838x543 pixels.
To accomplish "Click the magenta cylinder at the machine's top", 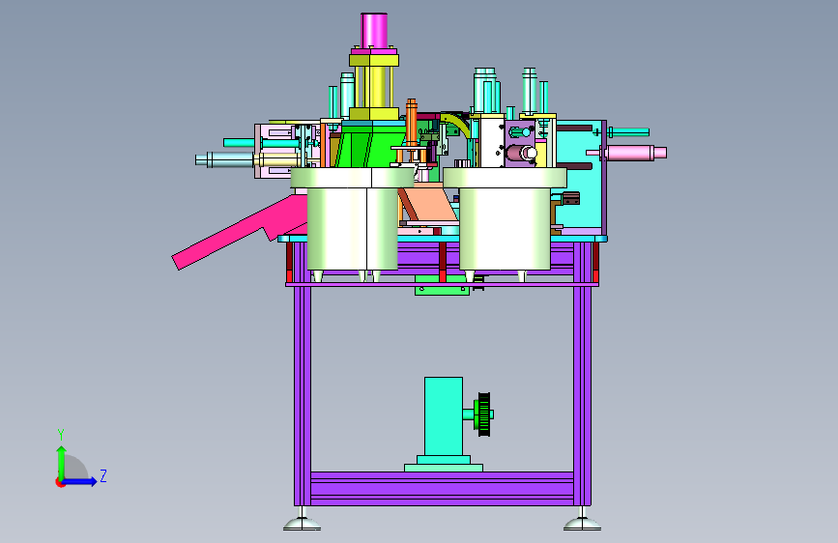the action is point(374,31).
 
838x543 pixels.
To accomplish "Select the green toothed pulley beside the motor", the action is point(484,414).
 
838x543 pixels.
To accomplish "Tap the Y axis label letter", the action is point(61,434).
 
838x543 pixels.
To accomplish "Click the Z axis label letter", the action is point(103,475).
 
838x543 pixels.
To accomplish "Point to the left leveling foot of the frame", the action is point(302,522).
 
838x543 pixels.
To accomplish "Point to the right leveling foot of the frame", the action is point(582,522).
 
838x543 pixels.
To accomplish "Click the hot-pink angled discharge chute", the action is point(235,233).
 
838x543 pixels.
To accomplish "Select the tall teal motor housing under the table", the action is point(444,416).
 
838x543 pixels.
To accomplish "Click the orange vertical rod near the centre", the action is point(411,123).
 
